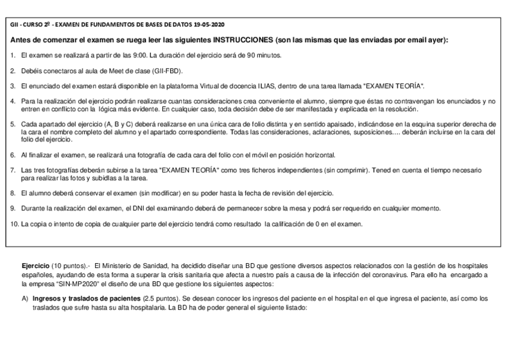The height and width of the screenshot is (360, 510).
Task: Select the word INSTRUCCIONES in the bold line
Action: pyautogui.click(x=241, y=40)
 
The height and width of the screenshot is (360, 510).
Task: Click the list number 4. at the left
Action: pyautogui.click(x=13, y=101)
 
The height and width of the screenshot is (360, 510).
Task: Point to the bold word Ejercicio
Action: pyautogui.click(x=35, y=266)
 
